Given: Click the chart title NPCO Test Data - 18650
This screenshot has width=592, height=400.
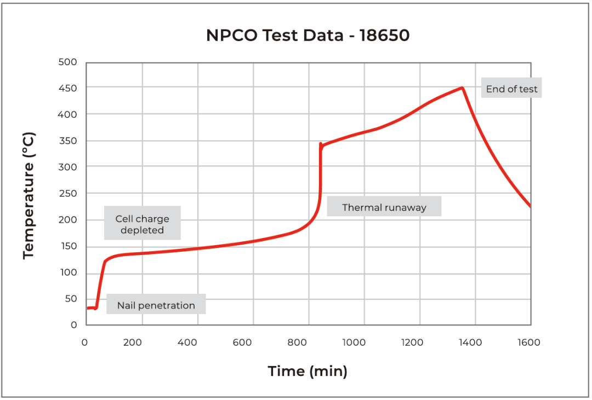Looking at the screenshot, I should [308, 36].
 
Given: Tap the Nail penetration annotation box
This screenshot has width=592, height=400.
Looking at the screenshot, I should [156, 305].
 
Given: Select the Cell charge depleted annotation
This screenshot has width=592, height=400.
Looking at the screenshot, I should [142, 224].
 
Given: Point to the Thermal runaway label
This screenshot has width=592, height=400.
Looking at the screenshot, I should [384, 207].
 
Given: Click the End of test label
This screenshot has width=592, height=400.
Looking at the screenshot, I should [511, 89].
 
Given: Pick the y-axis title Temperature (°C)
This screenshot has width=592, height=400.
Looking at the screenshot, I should [29, 195].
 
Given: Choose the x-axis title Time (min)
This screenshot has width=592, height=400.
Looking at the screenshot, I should [308, 372].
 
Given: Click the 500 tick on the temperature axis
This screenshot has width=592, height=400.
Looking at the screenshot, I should [67, 62].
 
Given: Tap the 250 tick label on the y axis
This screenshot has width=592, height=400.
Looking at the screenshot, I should [67, 194].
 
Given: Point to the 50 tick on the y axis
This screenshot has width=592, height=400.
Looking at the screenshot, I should [71, 299].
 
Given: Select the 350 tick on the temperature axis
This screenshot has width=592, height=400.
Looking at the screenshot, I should [67, 141].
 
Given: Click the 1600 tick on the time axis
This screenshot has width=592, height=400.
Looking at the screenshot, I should [528, 343].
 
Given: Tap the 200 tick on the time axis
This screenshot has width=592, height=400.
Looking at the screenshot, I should [133, 343].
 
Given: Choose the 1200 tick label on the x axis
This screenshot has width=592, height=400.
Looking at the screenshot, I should [412, 343].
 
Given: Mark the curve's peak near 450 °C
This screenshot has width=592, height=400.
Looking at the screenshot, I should [463, 88].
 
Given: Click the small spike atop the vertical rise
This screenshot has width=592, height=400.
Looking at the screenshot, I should [321, 144].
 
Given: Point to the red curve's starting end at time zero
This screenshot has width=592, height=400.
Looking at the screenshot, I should [88, 308].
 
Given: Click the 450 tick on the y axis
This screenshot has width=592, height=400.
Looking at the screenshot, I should [67, 88].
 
